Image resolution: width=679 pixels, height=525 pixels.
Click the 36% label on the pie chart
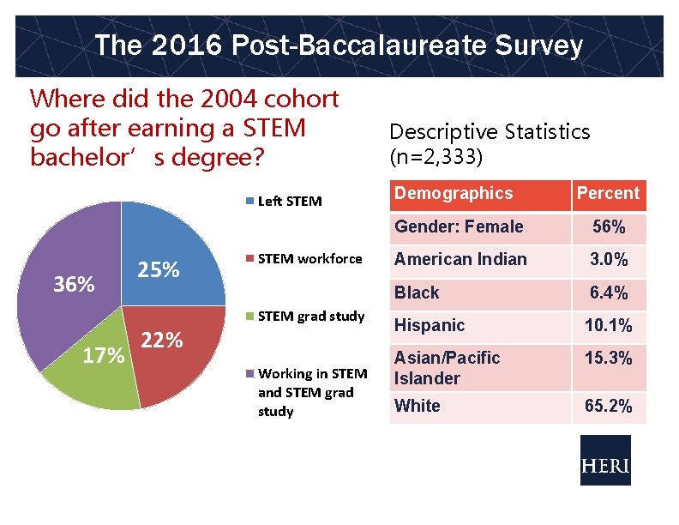point(74,284)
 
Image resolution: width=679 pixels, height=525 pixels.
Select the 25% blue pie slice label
point(159,271)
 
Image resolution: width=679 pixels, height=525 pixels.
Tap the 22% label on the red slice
point(162,340)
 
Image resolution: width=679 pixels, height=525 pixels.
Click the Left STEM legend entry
point(289,202)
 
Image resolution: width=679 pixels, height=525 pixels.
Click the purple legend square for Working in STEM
point(250,373)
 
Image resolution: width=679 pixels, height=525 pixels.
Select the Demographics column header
point(454,194)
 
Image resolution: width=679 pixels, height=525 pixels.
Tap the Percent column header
point(608,194)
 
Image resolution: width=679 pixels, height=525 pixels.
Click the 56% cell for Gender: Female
point(608,227)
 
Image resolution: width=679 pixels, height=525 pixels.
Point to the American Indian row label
point(460,259)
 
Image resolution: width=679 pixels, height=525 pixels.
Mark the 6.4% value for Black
point(608,293)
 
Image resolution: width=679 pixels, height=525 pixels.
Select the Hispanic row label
point(430,325)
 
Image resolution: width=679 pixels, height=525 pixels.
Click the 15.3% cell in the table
point(608,359)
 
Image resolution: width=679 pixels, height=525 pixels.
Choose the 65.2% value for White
point(608,406)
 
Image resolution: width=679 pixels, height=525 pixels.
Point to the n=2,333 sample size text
point(436,158)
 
